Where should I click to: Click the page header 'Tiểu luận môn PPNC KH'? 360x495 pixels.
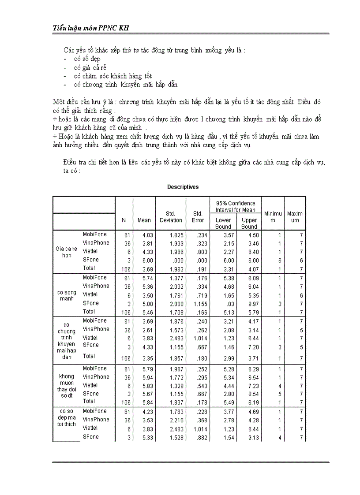tap(91, 28)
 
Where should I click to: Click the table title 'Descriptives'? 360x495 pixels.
tap(183, 187)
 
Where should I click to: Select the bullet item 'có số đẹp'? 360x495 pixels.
tap(87, 59)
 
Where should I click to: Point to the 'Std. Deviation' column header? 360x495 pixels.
tap(171, 217)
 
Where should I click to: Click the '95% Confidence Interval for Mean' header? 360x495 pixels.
tap(236, 206)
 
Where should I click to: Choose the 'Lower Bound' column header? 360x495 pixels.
tap(223, 223)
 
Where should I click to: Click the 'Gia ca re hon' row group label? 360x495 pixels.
tap(67, 252)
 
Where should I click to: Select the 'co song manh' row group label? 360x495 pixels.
tap(67, 295)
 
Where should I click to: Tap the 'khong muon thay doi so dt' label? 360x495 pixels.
tap(67, 386)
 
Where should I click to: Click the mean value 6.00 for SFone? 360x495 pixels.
tap(147, 261)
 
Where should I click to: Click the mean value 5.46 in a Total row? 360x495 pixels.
tap(147, 312)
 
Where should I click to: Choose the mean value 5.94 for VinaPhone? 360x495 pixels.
tap(147, 377)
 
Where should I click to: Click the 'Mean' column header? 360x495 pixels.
tap(144, 220)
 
